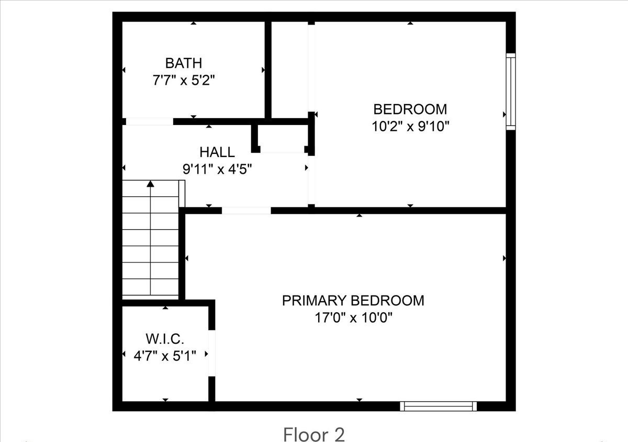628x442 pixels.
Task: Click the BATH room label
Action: click(183, 63)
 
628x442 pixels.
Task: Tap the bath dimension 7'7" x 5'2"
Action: click(183, 81)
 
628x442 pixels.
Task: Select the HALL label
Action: click(217, 152)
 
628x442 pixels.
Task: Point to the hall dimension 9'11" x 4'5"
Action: click(217, 169)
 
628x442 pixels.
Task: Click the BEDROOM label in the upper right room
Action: click(410, 109)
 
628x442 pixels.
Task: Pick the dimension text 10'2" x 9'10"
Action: click(410, 126)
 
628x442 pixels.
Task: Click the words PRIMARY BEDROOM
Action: click(353, 301)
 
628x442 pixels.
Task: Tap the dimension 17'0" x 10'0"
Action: click(353, 318)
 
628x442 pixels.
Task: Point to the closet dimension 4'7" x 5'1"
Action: click(165, 356)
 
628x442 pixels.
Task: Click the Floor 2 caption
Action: click(314, 434)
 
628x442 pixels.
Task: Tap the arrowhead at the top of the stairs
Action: click(151, 184)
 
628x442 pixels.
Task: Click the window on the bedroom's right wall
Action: click(510, 91)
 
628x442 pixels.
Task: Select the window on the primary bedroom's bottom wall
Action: click(439, 406)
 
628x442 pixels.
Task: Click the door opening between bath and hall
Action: click(150, 121)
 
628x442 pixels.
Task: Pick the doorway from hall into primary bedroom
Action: click(246, 211)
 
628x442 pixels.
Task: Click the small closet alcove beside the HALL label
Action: click(283, 139)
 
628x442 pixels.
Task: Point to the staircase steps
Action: click(151, 241)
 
